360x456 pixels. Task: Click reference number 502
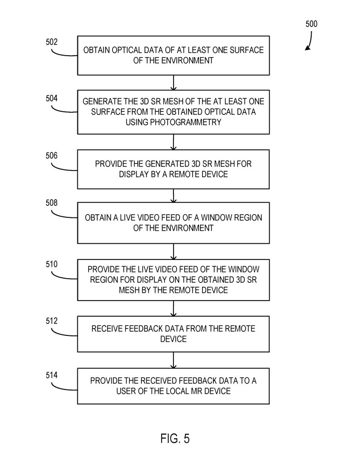[52, 42]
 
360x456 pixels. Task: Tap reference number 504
[52, 98]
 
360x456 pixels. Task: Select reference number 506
[52, 155]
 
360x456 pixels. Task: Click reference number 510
[52, 265]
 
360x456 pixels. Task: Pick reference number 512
[52, 321]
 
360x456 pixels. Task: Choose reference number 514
[52, 374]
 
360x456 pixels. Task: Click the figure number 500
[311, 24]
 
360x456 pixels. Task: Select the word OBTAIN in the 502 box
[100, 50]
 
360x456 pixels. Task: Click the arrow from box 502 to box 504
[174, 82]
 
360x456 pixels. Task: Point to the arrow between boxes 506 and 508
[174, 196]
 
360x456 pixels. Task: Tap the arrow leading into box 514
[174, 361]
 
